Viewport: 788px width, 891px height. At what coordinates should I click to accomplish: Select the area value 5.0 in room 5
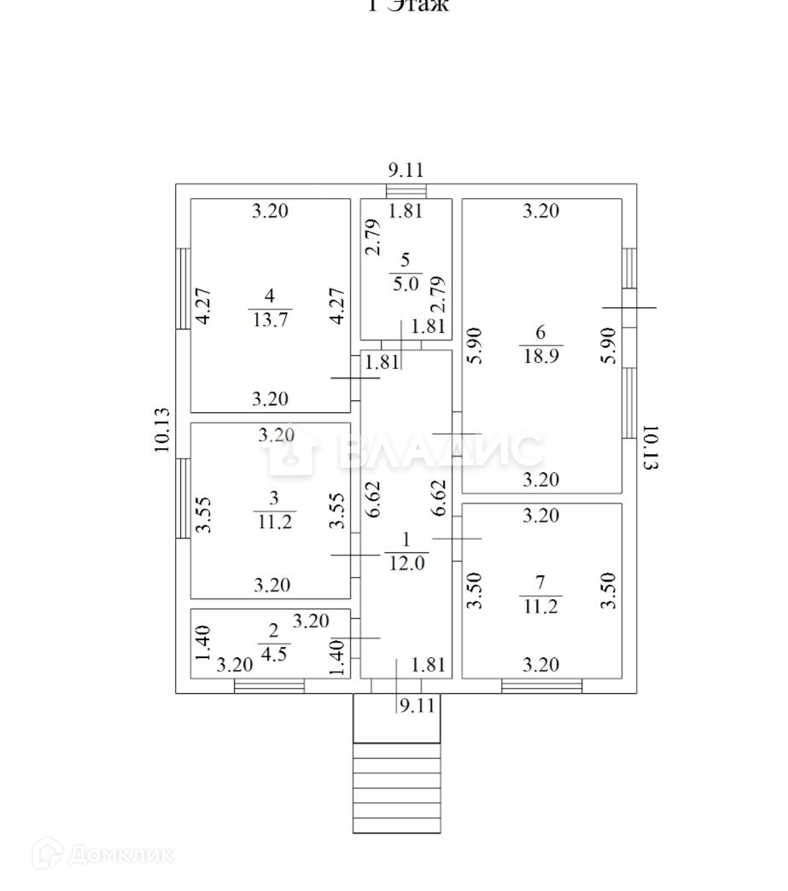[406, 284]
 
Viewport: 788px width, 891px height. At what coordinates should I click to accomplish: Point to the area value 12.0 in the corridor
[406, 562]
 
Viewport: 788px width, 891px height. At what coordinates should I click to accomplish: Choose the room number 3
[274, 498]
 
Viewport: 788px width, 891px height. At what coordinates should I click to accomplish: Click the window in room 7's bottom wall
[542, 685]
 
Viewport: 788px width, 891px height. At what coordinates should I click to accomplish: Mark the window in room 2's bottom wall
[269, 685]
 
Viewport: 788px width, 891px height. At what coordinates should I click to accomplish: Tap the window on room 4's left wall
[183, 288]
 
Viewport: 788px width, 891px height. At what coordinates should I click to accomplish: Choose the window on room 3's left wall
[183, 498]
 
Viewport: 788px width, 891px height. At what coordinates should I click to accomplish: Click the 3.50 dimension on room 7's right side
[608, 590]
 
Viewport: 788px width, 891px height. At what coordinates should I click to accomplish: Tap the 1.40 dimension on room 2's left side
[201, 643]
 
